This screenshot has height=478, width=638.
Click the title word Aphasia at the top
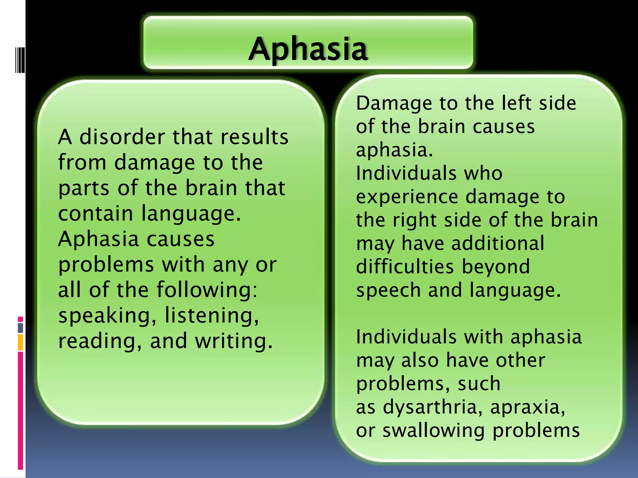(308, 49)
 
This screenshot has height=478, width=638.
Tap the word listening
(212, 316)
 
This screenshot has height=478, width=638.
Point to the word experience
(407, 197)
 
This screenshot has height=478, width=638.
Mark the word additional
(498, 243)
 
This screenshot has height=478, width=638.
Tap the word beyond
(496, 267)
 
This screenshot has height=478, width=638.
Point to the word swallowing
(433, 431)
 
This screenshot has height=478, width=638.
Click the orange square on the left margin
(21, 342)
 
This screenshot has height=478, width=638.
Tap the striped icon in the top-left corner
(20, 60)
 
